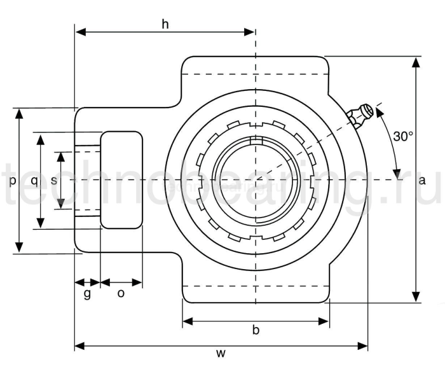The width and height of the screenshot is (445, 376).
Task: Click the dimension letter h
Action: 165,24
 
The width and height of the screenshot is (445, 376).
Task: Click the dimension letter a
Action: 422,180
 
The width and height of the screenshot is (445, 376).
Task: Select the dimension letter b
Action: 256,330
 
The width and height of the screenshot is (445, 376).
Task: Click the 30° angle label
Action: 403,136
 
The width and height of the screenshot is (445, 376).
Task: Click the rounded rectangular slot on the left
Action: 121,179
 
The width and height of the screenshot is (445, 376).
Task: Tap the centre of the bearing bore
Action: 256,179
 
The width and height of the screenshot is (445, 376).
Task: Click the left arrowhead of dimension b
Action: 186,321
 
